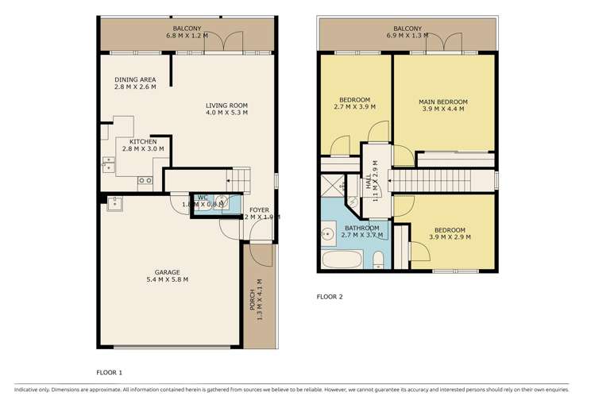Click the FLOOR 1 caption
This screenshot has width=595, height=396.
click(x=109, y=371)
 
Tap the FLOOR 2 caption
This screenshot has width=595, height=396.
click(x=330, y=298)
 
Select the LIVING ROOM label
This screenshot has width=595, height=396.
click(x=226, y=105)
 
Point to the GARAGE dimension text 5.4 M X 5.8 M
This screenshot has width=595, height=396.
click(x=167, y=279)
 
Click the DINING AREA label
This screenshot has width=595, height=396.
click(x=134, y=79)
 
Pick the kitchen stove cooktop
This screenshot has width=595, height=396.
click(x=145, y=180)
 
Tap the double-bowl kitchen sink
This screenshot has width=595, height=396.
click(x=108, y=165)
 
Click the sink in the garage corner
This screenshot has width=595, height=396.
click(x=114, y=203)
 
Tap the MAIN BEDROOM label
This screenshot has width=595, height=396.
click(x=443, y=102)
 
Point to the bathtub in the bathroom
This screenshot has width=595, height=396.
click(x=342, y=260)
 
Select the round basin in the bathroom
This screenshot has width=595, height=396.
click(x=327, y=233)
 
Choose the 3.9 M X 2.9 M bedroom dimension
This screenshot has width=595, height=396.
click(x=449, y=238)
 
